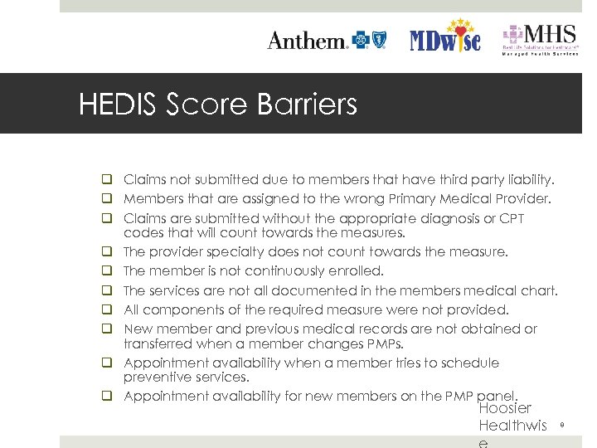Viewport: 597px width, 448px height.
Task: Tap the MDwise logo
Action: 445,37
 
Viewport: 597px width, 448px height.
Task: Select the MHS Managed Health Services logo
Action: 540,40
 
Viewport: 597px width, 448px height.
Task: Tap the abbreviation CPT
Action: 510,218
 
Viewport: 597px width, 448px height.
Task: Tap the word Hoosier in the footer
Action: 505,408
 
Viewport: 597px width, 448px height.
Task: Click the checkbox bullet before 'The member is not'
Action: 108,271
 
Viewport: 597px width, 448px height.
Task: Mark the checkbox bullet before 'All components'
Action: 108,310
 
